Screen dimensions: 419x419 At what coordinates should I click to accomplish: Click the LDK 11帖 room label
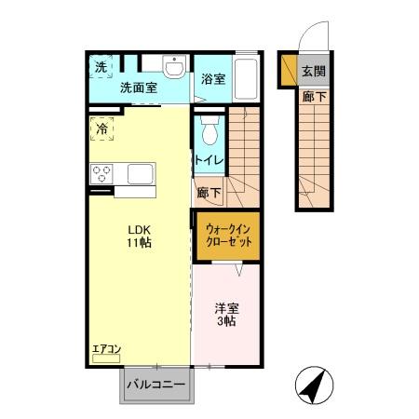coord(141,237)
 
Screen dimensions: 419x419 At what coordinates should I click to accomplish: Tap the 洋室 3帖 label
coord(227,314)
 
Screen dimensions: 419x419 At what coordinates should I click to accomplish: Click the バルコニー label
coord(155,384)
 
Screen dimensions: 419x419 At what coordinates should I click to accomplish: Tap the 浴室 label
coord(213,79)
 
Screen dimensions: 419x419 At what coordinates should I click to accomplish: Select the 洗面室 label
coord(138,88)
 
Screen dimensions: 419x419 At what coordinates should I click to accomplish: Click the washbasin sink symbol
coord(174,67)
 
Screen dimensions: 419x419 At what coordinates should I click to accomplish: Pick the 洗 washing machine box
coord(101,67)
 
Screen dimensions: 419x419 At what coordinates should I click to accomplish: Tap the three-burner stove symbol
coord(101,173)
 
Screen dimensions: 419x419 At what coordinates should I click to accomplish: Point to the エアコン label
coord(106,350)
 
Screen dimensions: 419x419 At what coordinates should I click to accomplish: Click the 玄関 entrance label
coord(314,73)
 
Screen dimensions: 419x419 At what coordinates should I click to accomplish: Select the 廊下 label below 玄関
coord(314,95)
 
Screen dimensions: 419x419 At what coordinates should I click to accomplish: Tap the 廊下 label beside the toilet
coord(209,194)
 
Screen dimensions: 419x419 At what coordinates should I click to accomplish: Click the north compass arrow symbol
coord(315,383)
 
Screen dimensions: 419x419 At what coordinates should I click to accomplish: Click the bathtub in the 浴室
coord(246,78)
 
